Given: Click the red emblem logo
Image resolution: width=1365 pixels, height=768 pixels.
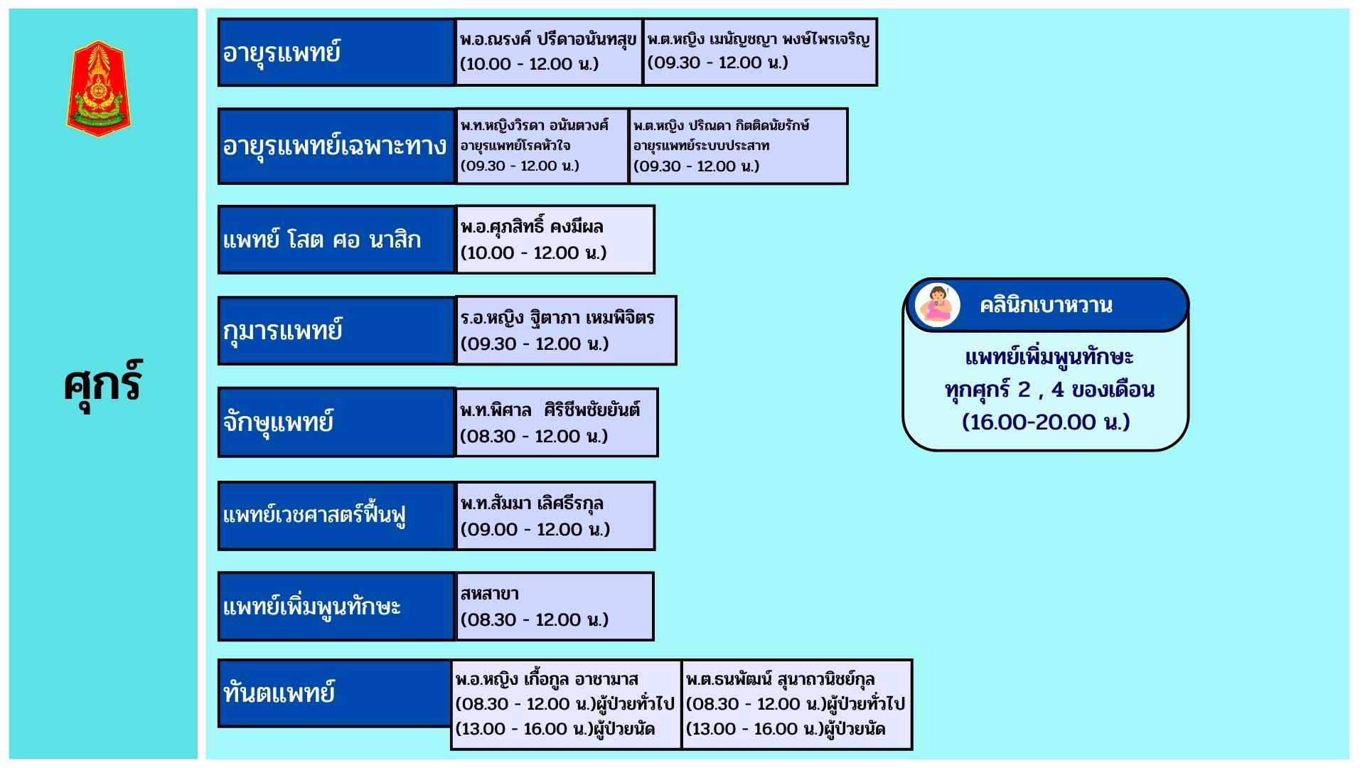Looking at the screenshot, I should [99, 89].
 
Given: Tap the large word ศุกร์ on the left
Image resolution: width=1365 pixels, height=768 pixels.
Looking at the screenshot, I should [103, 384].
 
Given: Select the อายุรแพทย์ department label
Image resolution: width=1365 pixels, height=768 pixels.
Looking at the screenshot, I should [336, 53].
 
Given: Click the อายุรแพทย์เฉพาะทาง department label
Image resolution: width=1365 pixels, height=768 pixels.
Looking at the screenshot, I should [336, 146].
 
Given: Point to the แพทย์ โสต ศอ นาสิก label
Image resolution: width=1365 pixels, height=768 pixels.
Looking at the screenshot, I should [336, 240].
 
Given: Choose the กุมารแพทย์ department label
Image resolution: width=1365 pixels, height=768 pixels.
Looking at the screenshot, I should [336, 331].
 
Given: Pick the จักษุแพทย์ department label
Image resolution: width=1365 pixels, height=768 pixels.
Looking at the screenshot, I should [336, 422].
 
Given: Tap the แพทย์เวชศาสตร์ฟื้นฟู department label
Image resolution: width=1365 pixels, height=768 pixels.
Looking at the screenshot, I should [336, 516].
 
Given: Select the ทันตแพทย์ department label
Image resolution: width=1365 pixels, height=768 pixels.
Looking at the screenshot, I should [334, 693].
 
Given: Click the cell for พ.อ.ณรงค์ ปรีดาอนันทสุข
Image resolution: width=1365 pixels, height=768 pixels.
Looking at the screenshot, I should [548, 52].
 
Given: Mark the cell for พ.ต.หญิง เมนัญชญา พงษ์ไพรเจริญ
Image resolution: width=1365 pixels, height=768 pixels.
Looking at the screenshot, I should [759, 52].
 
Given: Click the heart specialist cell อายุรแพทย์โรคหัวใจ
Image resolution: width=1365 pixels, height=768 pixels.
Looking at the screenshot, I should [542, 146].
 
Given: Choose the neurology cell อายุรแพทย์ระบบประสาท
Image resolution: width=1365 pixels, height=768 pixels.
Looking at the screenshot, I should [738, 146].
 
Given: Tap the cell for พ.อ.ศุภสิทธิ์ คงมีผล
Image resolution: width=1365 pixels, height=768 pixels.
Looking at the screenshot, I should [555, 240].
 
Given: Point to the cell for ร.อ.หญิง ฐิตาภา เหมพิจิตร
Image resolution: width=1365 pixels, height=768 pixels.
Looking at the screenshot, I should [565, 331].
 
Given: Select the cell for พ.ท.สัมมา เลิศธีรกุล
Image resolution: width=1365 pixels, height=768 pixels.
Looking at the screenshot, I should [555, 516].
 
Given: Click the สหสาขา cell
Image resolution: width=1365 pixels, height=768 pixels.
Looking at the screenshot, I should [554, 607].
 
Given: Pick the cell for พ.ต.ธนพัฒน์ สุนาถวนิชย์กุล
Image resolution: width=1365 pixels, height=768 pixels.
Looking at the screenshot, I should [796, 704].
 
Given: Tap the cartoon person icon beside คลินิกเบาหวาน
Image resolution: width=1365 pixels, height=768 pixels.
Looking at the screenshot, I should [938, 304].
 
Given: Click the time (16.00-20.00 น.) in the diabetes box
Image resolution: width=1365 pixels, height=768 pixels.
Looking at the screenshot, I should [1046, 422].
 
